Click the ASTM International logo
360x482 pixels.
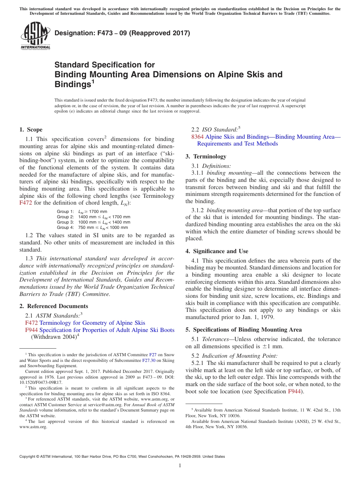pyautogui.click(x=35, y=36)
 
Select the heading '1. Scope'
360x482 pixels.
pyautogui.click(x=31, y=130)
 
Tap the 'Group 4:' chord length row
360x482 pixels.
pyautogui.click(x=92, y=227)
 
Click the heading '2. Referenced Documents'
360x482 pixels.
pyautogui.click(x=53, y=306)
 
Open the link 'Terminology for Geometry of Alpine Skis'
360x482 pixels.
pyautogui.click(x=92, y=323)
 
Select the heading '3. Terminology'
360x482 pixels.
pyautogui.click(x=206, y=156)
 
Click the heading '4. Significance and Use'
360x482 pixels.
pyautogui.click(x=217, y=251)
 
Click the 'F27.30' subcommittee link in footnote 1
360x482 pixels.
pyautogui.click(x=148, y=361)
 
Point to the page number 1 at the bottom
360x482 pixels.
pyautogui.click(x=180, y=466)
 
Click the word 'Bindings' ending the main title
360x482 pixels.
pyautogui.click(x=72, y=85)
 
